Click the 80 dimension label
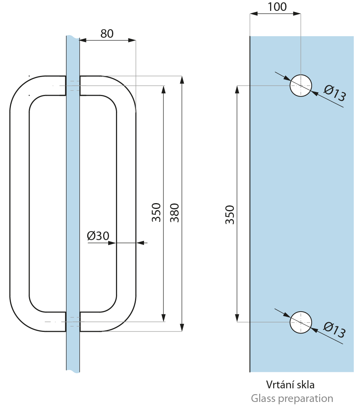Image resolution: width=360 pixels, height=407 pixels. click(x=107, y=34)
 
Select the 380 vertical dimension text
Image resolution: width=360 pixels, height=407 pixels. click(x=175, y=213)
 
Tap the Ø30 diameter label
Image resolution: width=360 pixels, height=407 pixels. click(x=98, y=236)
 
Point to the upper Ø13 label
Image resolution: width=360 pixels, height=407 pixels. click(x=334, y=94)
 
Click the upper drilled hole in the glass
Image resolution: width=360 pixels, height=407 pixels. click(x=301, y=85)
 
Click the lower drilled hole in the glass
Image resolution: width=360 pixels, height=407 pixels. click(x=301, y=322)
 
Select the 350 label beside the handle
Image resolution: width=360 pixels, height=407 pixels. click(x=156, y=212)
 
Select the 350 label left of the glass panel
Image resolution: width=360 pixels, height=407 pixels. click(x=230, y=215)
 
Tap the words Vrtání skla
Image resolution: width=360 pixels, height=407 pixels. click(x=290, y=385)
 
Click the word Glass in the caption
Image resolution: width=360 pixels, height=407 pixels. click(x=263, y=398)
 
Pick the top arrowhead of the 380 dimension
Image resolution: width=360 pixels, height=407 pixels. click(x=182, y=79)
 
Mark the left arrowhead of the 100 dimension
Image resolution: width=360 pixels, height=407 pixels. click(x=253, y=14)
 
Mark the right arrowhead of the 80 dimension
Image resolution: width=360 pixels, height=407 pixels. click(x=132, y=40)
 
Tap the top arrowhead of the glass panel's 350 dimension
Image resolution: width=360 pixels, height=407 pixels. click(x=237, y=89)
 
